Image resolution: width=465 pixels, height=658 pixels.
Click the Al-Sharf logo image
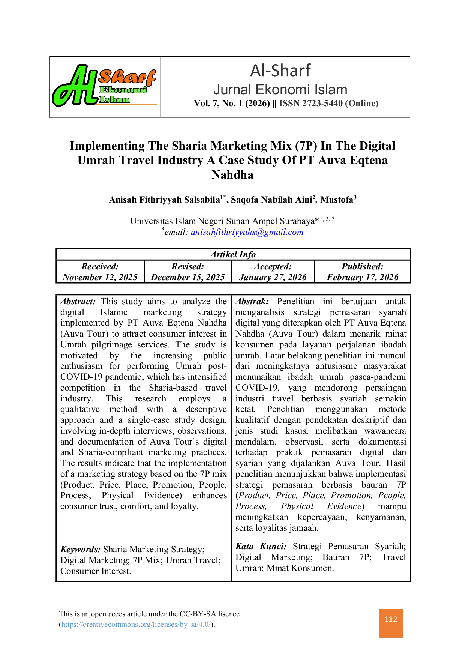click(x=104, y=86)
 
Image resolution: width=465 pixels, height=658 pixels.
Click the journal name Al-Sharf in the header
click(x=280, y=71)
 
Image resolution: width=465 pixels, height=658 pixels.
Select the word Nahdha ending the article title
click(x=232, y=175)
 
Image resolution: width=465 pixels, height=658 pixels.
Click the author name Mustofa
click(x=337, y=200)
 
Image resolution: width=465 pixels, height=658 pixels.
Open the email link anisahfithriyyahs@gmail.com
click(x=247, y=232)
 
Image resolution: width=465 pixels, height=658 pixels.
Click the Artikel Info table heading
click(x=233, y=254)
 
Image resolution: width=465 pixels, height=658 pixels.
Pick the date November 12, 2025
click(x=100, y=277)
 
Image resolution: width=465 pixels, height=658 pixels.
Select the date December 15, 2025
click(x=188, y=277)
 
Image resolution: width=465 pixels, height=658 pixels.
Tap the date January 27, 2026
click(x=273, y=277)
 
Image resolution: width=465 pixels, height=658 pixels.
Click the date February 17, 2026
click(x=363, y=277)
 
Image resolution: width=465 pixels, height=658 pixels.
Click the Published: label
click(x=363, y=266)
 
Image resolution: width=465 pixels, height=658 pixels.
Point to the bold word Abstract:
click(x=78, y=302)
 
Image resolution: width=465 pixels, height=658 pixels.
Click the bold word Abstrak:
click(x=252, y=302)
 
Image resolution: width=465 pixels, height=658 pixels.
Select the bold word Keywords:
click(x=81, y=550)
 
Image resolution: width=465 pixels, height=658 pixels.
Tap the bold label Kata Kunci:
click(x=261, y=547)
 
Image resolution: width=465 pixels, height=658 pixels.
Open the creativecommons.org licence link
click(x=136, y=625)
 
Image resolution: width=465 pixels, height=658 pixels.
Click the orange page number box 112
click(x=391, y=623)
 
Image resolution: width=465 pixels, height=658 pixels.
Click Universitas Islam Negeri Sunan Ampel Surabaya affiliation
click(x=222, y=221)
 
